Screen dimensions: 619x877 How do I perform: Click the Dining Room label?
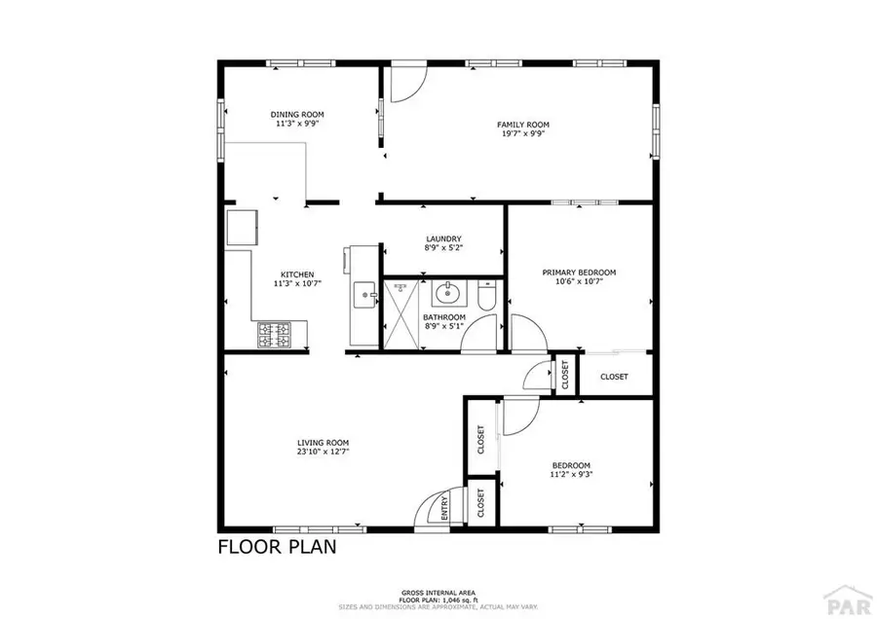[x=289, y=115]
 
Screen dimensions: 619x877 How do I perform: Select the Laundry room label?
[x=443, y=239]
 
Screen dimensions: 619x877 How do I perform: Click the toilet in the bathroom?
[x=487, y=294]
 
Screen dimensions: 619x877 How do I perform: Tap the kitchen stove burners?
[x=273, y=336]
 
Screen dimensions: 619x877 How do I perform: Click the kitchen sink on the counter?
[x=365, y=293]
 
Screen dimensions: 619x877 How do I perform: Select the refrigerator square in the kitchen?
[x=243, y=228]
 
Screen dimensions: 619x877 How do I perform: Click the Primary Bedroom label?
[x=580, y=273]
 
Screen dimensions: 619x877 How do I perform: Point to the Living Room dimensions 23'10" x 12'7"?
[x=324, y=452]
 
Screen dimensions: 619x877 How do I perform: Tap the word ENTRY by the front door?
[x=444, y=514]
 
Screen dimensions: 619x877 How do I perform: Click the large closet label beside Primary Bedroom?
[x=614, y=377]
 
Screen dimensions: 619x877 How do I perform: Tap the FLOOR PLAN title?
[x=277, y=546]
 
